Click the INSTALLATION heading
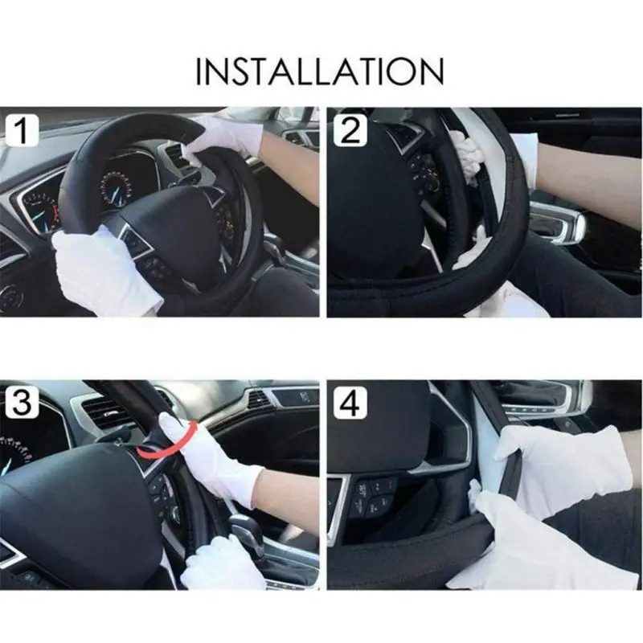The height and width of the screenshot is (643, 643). tap(320, 72)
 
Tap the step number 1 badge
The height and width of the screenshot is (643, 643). tap(23, 130)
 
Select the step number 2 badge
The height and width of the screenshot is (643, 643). tap(350, 130)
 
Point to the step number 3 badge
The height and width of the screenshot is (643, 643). tap(23, 403)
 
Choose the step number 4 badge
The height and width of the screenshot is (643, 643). tap(350, 403)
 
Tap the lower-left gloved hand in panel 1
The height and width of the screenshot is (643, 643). tap(103, 271)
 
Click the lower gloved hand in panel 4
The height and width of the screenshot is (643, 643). tap(546, 546)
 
